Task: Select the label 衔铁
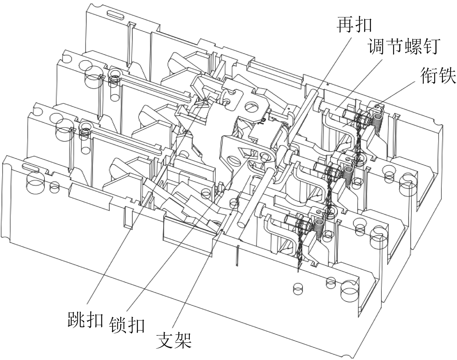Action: point(438,75)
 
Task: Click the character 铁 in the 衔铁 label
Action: point(447,75)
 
